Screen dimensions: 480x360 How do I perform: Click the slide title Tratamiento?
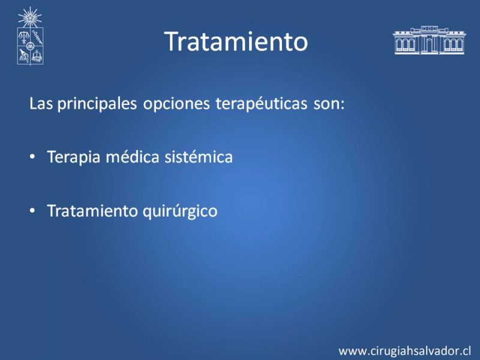click(x=236, y=41)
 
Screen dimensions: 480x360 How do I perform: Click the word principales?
click(x=97, y=104)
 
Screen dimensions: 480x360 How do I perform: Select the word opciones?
click(x=176, y=104)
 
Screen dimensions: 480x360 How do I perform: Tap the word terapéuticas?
click(x=262, y=103)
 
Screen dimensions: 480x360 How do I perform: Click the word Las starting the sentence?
click(x=41, y=103)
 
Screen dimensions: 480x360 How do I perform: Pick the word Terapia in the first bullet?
click(x=73, y=157)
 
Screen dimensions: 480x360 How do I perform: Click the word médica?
click(x=133, y=157)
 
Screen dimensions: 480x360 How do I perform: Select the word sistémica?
click(x=199, y=157)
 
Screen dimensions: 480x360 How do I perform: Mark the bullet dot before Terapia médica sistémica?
click(x=32, y=157)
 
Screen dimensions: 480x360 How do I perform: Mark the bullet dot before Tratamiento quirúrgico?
click(x=32, y=211)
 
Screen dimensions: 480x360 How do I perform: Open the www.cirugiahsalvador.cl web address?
click(x=404, y=351)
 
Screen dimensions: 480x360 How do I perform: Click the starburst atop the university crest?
click(x=29, y=17)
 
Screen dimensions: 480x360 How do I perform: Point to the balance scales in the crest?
click(x=23, y=37)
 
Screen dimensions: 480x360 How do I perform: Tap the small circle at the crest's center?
click(x=29, y=46)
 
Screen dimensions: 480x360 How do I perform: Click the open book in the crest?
click(x=37, y=56)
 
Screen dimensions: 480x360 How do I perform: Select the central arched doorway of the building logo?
click(x=430, y=46)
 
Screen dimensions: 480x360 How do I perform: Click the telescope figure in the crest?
click(x=23, y=56)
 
